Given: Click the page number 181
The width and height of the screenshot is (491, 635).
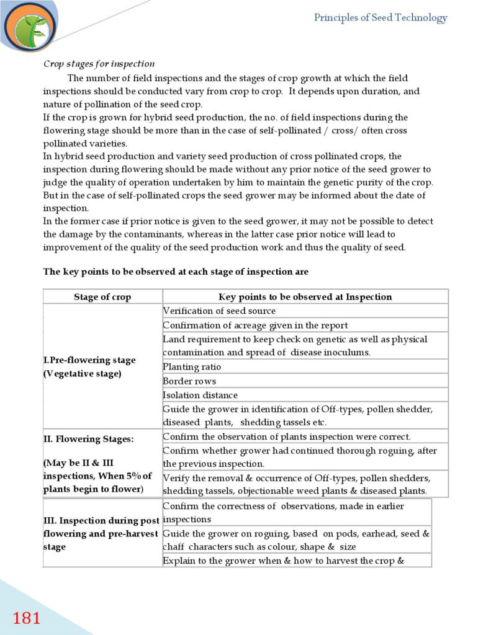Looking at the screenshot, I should point(27,618).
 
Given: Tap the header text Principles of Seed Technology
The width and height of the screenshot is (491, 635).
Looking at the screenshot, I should point(380,17).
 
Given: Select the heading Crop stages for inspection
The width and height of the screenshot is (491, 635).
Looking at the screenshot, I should point(99,64).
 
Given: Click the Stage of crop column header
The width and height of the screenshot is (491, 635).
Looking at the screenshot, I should point(102,296).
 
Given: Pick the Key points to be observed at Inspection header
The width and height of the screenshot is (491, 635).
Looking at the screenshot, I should point(305,296).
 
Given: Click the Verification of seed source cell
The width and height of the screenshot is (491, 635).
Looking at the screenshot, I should point(219,311).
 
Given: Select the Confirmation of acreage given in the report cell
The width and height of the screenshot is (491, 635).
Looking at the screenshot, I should point(255,325).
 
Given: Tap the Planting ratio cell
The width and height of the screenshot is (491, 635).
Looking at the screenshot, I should point(192,366).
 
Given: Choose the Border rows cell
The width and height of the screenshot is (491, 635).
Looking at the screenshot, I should point(189,381).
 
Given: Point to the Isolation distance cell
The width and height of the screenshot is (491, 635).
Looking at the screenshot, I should point(200,395).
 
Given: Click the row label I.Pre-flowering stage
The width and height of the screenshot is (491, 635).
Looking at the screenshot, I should point(89,360).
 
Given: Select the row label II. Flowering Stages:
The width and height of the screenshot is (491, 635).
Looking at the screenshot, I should point(89,439).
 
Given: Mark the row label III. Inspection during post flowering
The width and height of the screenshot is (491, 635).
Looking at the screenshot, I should point(101,520).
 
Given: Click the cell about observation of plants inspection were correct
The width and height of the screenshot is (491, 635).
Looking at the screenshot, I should point(286,437).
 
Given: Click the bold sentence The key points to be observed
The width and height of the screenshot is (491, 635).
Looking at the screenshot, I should point(176,272).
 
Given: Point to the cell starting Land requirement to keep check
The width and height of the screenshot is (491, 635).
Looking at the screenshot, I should point(295,345).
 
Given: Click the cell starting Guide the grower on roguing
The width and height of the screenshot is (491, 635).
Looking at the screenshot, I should point(296,540).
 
